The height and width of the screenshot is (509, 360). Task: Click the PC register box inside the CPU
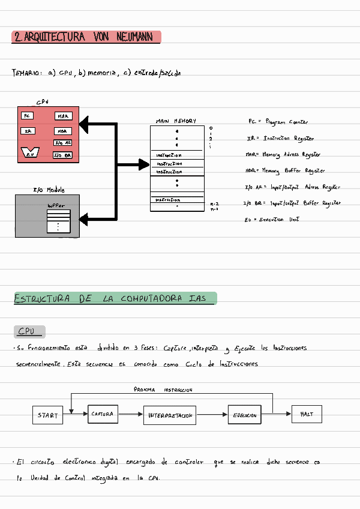[x=27, y=115]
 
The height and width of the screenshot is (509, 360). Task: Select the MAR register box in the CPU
[x=63, y=116]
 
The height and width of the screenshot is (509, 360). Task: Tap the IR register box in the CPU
[x=28, y=131]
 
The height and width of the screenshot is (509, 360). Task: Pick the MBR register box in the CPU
[x=62, y=131]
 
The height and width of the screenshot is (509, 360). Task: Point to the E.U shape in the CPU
[x=29, y=154]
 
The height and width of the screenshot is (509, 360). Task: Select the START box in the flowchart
[x=48, y=415]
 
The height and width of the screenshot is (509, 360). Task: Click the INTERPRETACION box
[x=170, y=415]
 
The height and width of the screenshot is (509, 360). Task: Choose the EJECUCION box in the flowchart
[x=245, y=415]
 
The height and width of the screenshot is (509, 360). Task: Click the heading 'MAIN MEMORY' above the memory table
[x=176, y=121]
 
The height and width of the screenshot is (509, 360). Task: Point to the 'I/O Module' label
[x=49, y=190]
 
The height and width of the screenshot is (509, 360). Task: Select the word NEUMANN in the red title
[x=135, y=37]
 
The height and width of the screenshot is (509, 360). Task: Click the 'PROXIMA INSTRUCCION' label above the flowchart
[x=163, y=390]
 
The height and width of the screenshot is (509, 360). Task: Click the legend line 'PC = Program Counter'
[x=278, y=122]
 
